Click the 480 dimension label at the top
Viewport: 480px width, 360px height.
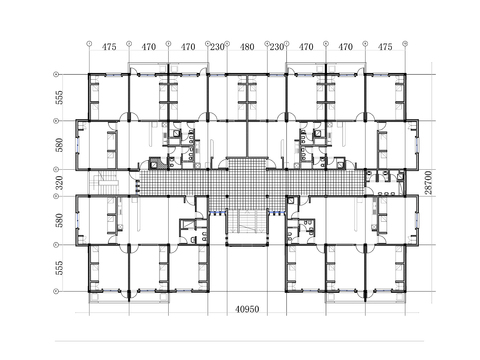click(247, 47)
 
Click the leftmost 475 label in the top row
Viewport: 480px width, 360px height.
click(109, 47)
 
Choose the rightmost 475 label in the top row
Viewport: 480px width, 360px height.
click(385, 47)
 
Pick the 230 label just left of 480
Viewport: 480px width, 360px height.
click(217, 47)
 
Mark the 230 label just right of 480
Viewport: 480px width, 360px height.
click(276, 47)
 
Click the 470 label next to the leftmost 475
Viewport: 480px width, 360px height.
click(148, 47)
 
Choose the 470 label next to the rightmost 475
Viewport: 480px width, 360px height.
click(346, 47)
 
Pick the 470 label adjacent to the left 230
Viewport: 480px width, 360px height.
click(188, 47)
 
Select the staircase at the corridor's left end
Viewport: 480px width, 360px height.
click(104, 184)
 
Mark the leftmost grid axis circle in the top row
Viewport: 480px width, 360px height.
click(89, 45)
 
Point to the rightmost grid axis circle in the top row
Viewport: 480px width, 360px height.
click(405, 45)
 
